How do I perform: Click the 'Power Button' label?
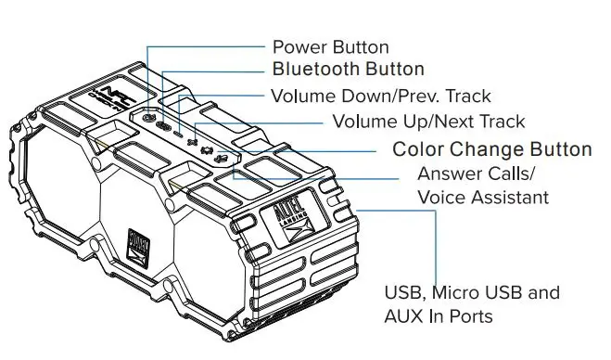point(329,46)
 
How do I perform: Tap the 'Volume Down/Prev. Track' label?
point(380,96)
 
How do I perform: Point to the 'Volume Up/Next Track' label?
point(428,122)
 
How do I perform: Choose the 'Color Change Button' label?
point(491,149)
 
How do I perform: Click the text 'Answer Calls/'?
point(476,174)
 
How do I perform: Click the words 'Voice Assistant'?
point(483,197)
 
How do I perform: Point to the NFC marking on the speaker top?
point(108,96)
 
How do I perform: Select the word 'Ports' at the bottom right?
point(468,316)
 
